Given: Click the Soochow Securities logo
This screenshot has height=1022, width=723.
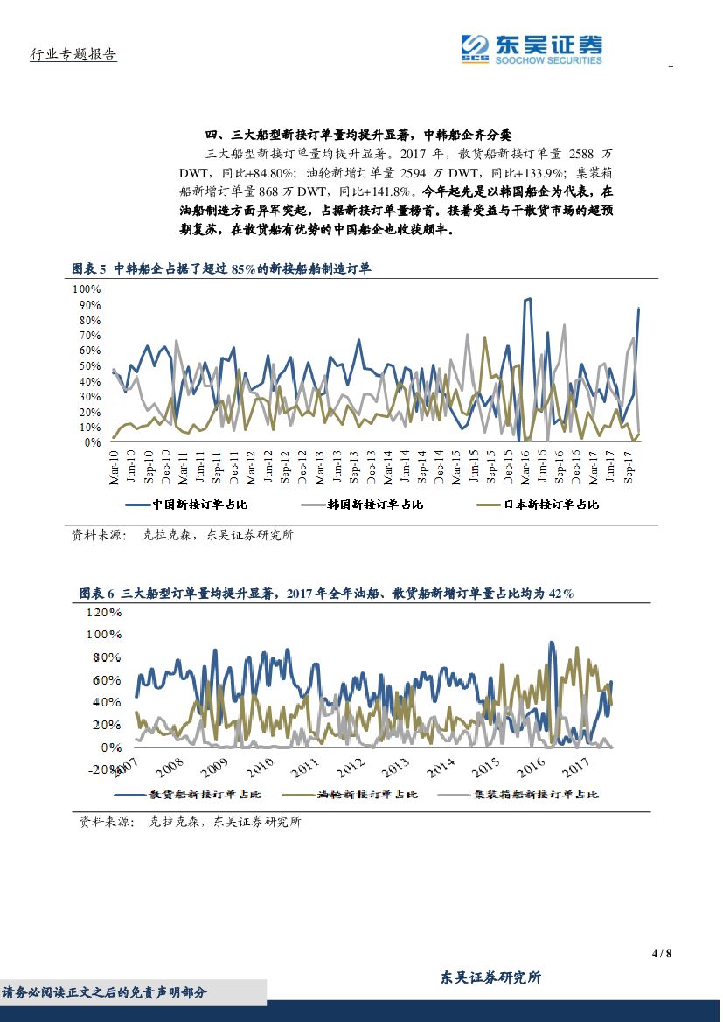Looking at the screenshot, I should pyautogui.click(x=532, y=49).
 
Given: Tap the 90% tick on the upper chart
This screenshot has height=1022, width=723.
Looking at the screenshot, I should pyautogui.click(x=87, y=305).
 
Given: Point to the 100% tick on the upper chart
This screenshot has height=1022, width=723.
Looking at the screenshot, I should pyautogui.click(x=87, y=289).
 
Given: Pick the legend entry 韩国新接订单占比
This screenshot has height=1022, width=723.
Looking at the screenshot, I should pyautogui.click(x=362, y=504).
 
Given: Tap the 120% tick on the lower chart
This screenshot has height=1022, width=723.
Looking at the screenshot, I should pyautogui.click(x=104, y=612).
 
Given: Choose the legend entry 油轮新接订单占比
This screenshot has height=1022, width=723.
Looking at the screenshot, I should pyautogui.click(x=361, y=795).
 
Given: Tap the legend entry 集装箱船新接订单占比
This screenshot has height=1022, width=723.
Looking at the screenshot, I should pyautogui.click(x=523, y=795).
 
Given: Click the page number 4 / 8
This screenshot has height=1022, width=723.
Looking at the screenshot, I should pyautogui.click(x=662, y=953).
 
